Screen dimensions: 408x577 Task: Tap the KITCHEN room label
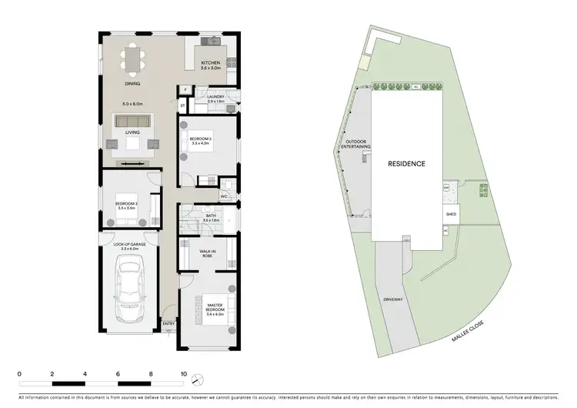click(x=211, y=62)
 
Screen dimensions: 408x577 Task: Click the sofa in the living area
click(x=132, y=122)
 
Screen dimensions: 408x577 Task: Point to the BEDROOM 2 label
click(x=201, y=139)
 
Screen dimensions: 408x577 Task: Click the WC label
click(x=224, y=196)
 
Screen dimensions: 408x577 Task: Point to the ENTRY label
click(x=168, y=323)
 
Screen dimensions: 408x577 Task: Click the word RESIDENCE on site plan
click(x=405, y=164)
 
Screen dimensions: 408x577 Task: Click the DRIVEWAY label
click(x=392, y=299)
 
